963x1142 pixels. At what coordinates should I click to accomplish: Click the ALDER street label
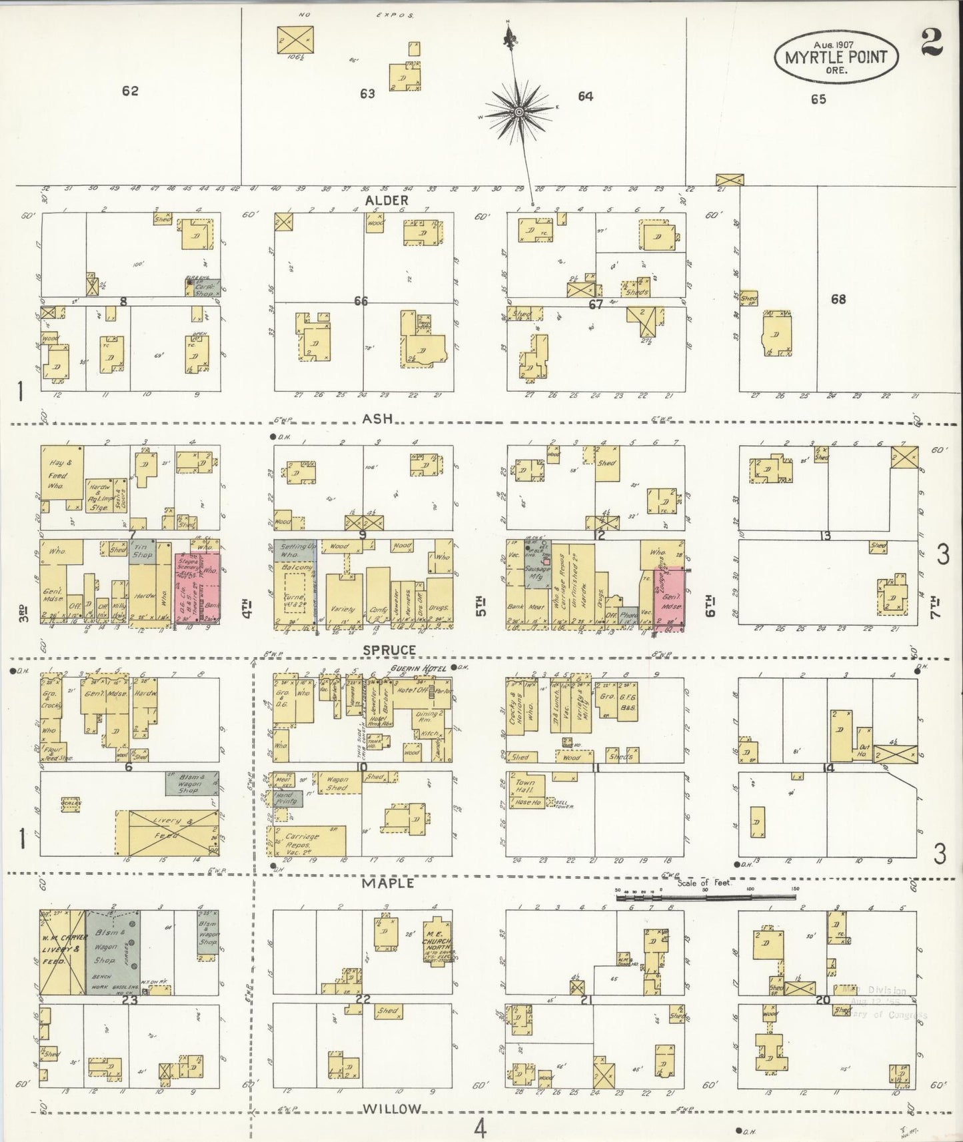click(386, 200)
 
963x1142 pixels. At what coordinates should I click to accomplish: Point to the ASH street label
click(377, 418)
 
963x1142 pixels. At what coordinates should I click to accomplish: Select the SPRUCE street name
click(389, 649)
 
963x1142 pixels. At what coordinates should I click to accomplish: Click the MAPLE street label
click(388, 883)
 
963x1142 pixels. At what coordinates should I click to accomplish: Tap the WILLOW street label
click(392, 1109)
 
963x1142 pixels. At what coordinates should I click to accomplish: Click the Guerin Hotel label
click(417, 668)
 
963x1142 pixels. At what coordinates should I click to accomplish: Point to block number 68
click(838, 299)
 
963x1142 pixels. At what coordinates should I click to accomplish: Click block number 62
click(130, 91)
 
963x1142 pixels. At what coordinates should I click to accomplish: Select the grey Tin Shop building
click(143, 550)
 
